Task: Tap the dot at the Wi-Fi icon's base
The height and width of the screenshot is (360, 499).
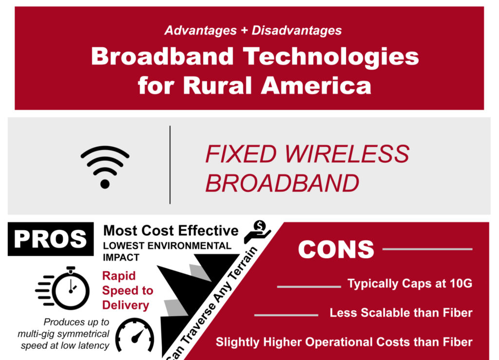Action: click(x=105, y=184)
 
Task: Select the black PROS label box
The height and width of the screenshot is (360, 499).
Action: click(x=51, y=239)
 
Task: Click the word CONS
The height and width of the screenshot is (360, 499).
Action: click(x=336, y=249)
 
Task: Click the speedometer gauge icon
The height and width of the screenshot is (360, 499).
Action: click(x=134, y=335)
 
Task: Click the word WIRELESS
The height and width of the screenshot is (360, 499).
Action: click(x=346, y=154)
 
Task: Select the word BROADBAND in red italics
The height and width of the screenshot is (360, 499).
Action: click(x=282, y=183)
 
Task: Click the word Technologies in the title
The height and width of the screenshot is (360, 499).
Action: click(x=331, y=57)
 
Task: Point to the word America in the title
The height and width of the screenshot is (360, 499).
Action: click(x=316, y=85)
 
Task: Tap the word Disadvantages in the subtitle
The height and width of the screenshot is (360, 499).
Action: click(x=297, y=31)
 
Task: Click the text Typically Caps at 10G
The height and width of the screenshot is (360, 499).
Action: click(x=410, y=284)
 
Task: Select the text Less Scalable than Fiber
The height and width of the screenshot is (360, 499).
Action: click(x=401, y=313)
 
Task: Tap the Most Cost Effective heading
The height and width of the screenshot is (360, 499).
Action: click(x=171, y=231)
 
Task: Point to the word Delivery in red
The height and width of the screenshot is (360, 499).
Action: click(x=126, y=305)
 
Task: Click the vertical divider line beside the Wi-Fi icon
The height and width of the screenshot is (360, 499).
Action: click(x=170, y=165)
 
